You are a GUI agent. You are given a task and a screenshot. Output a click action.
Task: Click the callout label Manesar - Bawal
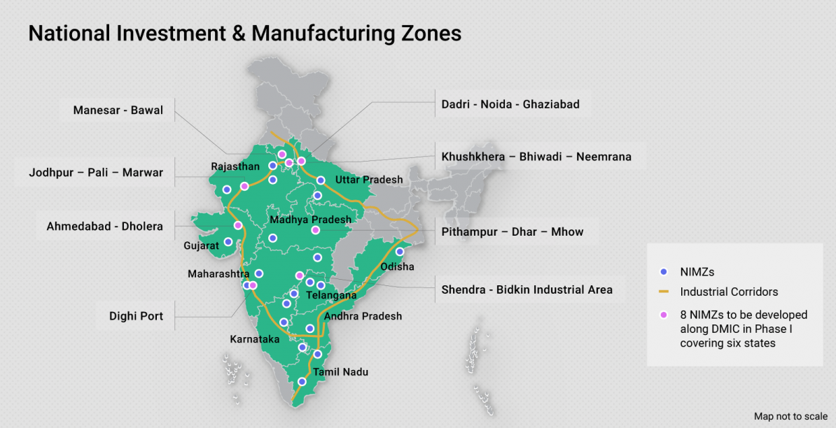coord(118,110)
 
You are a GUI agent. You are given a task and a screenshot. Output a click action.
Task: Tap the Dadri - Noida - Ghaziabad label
coord(510,104)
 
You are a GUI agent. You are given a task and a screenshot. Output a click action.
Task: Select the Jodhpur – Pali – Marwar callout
coord(96,172)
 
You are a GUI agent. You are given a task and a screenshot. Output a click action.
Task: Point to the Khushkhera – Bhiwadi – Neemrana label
coord(536,157)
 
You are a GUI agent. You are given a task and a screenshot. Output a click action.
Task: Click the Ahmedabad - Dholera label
coord(104,226)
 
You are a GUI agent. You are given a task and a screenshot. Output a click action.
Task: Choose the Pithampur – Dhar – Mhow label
coord(512,231)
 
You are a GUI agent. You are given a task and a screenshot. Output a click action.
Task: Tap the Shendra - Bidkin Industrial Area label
coord(527,290)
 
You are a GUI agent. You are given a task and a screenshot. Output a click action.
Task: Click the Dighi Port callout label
coord(136,316)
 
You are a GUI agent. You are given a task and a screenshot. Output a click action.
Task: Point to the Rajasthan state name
coord(235,166)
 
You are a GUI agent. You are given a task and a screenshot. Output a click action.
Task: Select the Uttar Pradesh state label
coord(369,180)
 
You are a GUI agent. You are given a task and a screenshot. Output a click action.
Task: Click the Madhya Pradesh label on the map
coord(310,220)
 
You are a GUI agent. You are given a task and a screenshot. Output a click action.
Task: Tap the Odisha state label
coord(397,266)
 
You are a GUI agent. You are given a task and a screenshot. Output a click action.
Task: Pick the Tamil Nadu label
coord(340,372)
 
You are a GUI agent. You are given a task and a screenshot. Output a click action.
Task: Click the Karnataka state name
coord(255,339)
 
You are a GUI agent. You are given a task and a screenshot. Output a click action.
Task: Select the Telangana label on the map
coord(331,296)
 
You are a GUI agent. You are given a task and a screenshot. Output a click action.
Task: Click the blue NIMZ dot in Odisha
coord(400,252)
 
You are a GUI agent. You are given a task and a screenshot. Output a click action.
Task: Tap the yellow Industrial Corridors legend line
coord(665,292)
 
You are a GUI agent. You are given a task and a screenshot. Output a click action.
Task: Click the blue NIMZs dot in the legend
coord(665,272)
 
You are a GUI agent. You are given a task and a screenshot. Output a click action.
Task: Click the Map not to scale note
coord(790,416)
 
